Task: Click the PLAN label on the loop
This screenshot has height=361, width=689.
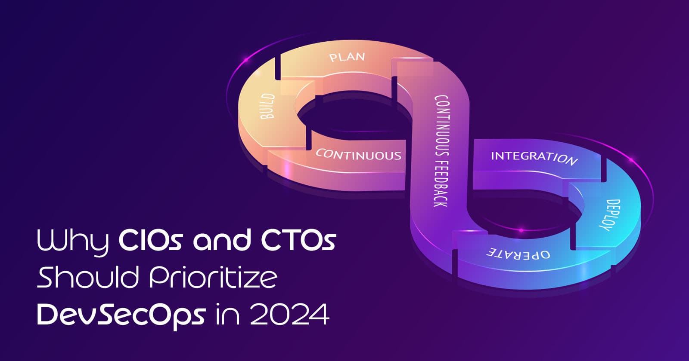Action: [x=347, y=57]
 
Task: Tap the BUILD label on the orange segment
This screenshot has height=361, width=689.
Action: [x=267, y=106]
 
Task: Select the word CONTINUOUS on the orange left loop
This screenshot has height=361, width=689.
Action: [x=359, y=154]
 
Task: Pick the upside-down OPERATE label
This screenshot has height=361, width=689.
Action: [x=518, y=253]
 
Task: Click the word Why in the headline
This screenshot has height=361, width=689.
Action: [x=73, y=242]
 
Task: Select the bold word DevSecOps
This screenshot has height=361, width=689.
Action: [x=121, y=315]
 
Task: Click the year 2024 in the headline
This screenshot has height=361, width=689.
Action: [x=289, y=315]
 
